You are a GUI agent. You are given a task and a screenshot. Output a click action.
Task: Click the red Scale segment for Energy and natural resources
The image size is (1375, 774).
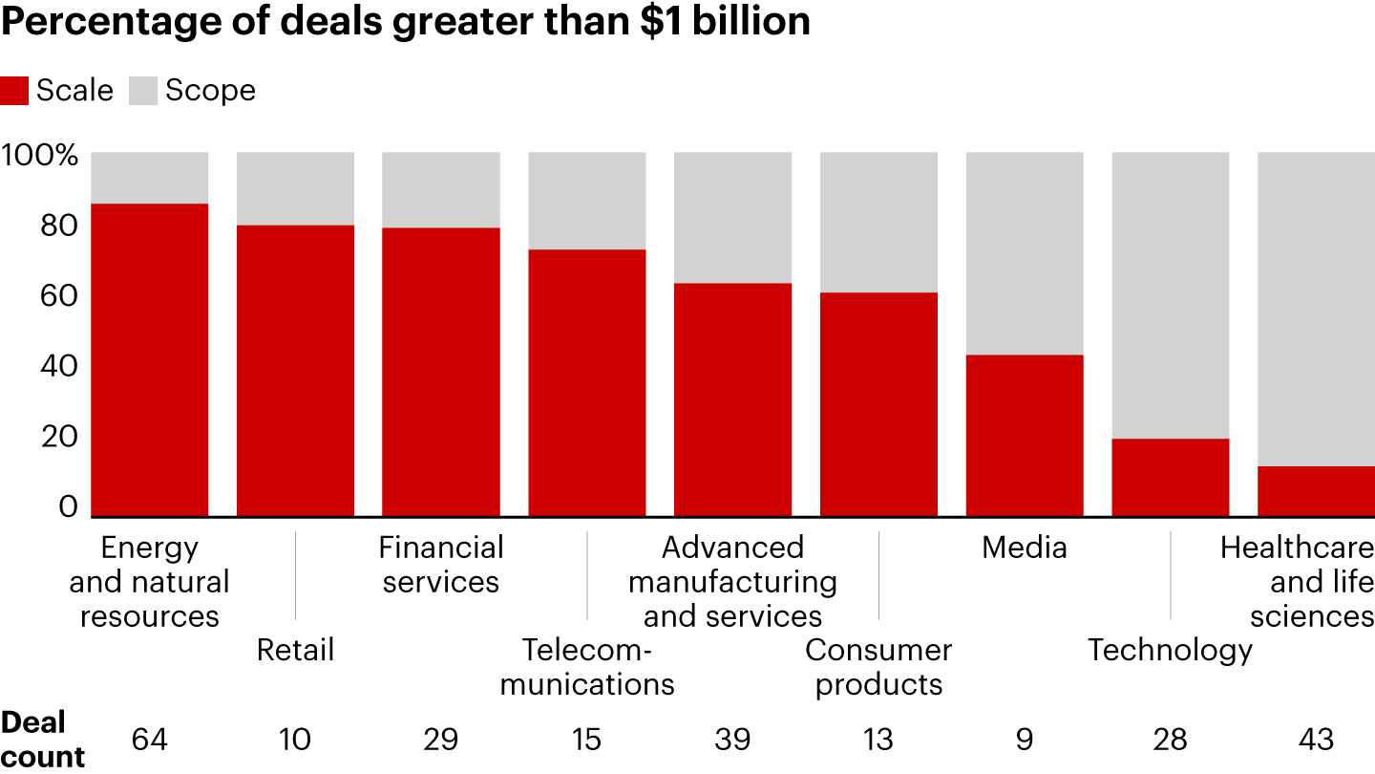point(150,359)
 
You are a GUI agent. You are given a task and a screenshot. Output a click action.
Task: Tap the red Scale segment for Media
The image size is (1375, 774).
point(1025,435)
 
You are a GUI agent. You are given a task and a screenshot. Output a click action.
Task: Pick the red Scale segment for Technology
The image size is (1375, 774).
point(1171,477)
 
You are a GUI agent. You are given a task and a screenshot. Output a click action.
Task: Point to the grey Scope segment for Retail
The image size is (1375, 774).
point(295,188)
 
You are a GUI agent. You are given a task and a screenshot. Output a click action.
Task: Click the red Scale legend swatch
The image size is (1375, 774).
point(14,91)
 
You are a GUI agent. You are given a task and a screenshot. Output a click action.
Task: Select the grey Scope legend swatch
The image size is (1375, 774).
point(142,91)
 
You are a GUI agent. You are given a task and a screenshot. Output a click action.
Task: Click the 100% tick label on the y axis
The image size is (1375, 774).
point(39,155)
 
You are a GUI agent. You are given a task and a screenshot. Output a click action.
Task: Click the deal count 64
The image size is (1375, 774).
point(150,739)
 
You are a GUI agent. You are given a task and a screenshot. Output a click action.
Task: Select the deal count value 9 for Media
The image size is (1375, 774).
point(1025,739)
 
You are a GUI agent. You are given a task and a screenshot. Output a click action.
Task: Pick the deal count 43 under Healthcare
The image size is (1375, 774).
point(1316,739)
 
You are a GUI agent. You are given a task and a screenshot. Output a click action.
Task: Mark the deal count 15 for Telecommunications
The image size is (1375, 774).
point(587,739)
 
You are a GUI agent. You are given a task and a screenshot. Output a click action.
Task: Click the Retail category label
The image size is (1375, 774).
point(295,651)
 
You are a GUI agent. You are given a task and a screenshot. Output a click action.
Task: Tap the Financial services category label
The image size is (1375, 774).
point(441,565)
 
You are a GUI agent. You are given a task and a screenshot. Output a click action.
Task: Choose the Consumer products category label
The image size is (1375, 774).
point(878,667)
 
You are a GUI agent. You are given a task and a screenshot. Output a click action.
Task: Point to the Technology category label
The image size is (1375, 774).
point(1171,651)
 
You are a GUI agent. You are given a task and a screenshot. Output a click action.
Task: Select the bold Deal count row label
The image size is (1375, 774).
point(42,739)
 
